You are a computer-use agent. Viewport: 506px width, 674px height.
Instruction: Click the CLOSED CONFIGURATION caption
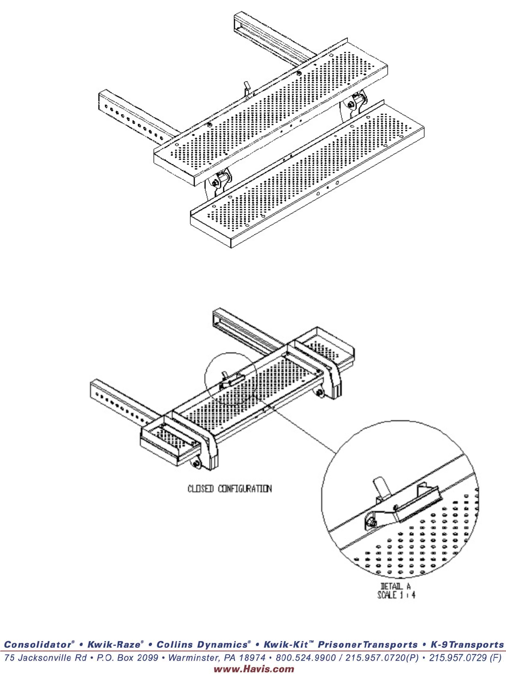tap(230, 489)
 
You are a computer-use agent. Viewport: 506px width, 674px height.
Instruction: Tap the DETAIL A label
tap(396, 587)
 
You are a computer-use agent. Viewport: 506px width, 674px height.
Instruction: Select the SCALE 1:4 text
tap(396, 595)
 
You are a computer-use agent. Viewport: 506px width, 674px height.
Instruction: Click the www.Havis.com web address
tap(254, 669)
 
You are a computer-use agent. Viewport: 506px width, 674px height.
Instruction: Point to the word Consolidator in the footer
tap(38, 645)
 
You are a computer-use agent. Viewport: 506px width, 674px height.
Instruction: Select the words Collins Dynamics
tap(202, 645)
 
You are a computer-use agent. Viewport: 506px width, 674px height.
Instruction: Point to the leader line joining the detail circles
tap(299, 428)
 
